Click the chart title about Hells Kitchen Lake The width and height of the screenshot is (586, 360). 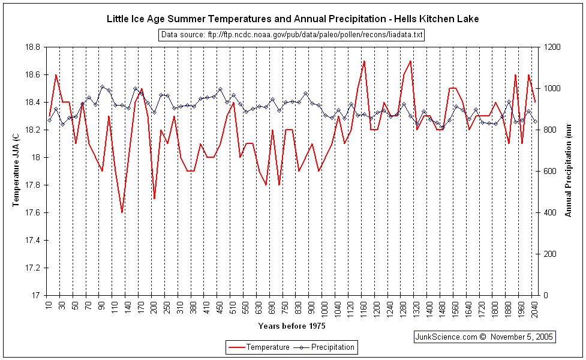coord(293,19)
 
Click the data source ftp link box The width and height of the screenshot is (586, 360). coord(292,35)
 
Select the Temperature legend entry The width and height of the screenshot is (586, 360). coord(259,347)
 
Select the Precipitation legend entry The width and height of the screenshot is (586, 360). coord(327,347)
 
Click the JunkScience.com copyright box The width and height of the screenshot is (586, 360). coord(485,337)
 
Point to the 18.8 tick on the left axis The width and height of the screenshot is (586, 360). coord(32,47)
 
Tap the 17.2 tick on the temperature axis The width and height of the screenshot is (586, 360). coord(32,268)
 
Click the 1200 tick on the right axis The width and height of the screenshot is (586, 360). coord(552,47)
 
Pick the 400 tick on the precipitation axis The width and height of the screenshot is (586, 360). coord(550,212)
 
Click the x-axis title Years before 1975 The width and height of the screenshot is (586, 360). coord(292,326)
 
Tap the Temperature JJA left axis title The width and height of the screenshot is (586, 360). coord(16,171)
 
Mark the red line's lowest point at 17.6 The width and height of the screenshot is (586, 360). coord(122,212)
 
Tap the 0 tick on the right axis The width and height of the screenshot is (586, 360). coord(546,295)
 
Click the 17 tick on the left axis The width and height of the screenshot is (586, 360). coord(36,295)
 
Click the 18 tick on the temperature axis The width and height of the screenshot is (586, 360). coord(36,157)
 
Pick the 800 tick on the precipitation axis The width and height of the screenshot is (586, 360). coord(550,130)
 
